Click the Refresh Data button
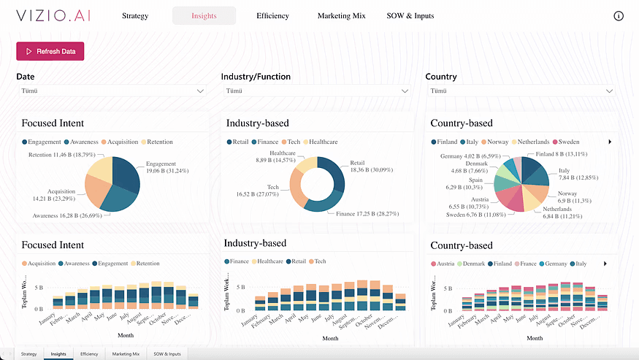tap(50, 51)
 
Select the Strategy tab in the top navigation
tap(135, 16)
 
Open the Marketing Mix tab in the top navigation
tap(341, 16)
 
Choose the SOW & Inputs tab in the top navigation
tap(410, 16)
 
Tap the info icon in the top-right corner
tap(619, 16)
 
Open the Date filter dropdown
tap(111, 91)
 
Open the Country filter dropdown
tap(519, 91)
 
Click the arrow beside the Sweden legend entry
tap(609, 142)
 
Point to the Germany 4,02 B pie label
tap(470, 156)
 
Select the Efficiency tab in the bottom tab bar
tap(89, 353)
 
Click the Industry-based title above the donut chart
tap(257, 123)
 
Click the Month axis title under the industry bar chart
tap(330, 338)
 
